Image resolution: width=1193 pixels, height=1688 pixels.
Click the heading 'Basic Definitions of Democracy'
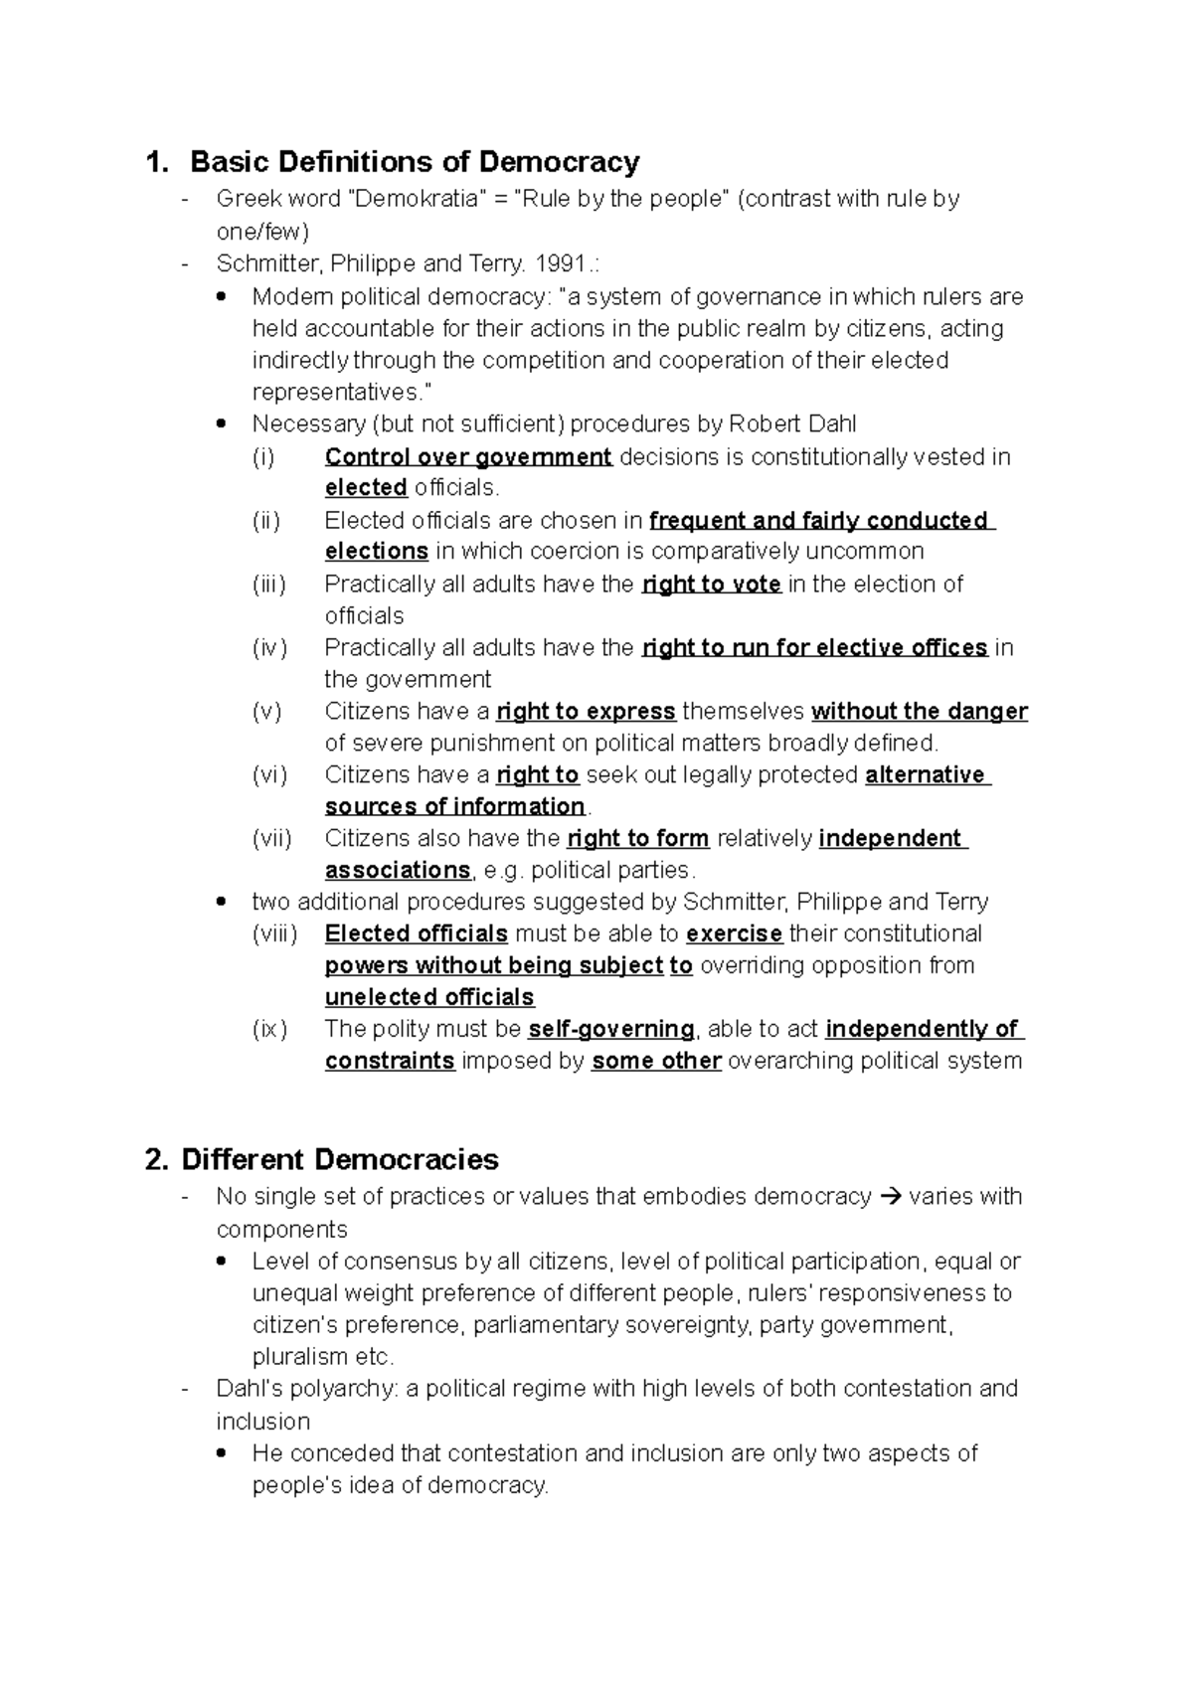(415, 161)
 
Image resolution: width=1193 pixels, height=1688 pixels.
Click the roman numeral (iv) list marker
(269, 648)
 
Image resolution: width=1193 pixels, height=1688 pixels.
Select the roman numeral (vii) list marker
(271, 839)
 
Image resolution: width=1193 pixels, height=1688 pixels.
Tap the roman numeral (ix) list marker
(269, 1030)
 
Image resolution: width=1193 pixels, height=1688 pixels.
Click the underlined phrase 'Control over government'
(468, 457)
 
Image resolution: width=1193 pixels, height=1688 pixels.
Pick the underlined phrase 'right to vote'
(711, 585)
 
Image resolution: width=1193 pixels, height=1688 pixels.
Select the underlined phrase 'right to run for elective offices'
(814, 648)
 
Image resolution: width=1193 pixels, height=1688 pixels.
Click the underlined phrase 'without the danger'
(920, 712)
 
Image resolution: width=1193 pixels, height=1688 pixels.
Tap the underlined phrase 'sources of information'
(455, 806)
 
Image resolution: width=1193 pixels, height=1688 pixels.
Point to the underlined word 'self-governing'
(611, 1029)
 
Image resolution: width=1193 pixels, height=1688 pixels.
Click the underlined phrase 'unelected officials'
(429, 997)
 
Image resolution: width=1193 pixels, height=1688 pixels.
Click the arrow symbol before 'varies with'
(891, 1197)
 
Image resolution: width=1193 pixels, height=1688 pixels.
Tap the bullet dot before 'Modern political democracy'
(222, 296)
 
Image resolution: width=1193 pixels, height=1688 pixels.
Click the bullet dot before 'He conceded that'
(222, 1452)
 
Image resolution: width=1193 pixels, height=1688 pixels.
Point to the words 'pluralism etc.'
(323, 1357)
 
